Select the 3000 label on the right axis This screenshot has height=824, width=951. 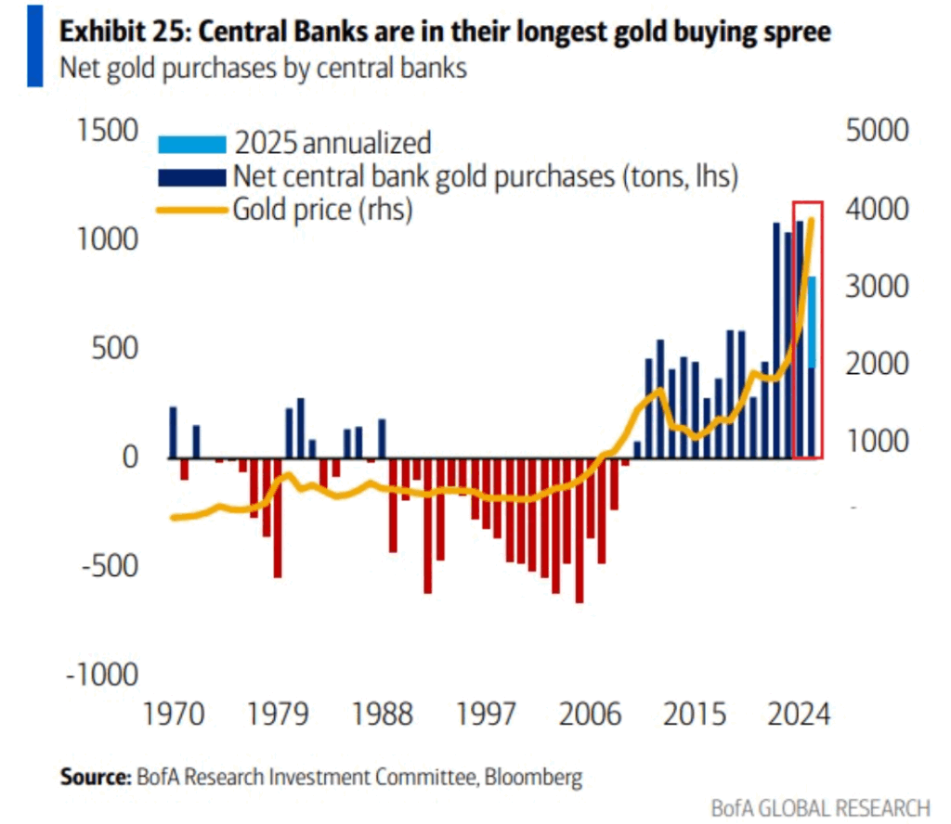coord(877,286)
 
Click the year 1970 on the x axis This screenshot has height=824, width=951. coord(173,715)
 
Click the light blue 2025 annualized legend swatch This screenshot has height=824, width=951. coord(192,145)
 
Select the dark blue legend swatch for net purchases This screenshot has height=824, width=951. coord(192,175)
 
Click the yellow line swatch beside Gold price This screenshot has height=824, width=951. coord(192,210)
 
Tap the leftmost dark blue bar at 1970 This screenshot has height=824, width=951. coord(173,432)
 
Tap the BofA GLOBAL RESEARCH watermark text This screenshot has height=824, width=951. coord(820,806)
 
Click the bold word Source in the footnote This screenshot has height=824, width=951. coord(96,776)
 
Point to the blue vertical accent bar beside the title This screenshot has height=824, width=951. coord(34,46)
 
